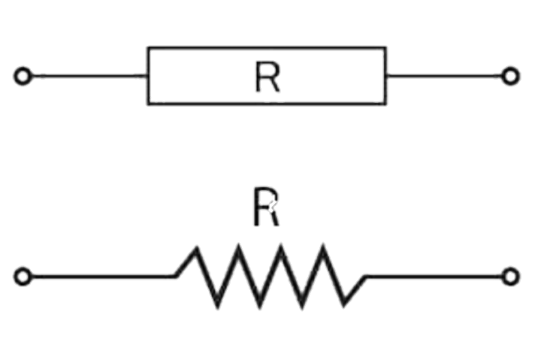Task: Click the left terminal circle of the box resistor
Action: click(23, 76)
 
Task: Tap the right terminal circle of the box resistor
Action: click(511, 76)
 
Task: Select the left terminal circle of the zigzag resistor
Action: click(23, 276)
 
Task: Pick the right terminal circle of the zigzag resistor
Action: click(511, 276)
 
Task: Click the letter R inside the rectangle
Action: click(267, 77)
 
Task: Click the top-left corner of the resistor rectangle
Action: click(147, 48)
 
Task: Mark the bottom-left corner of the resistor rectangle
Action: click(147, 104)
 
